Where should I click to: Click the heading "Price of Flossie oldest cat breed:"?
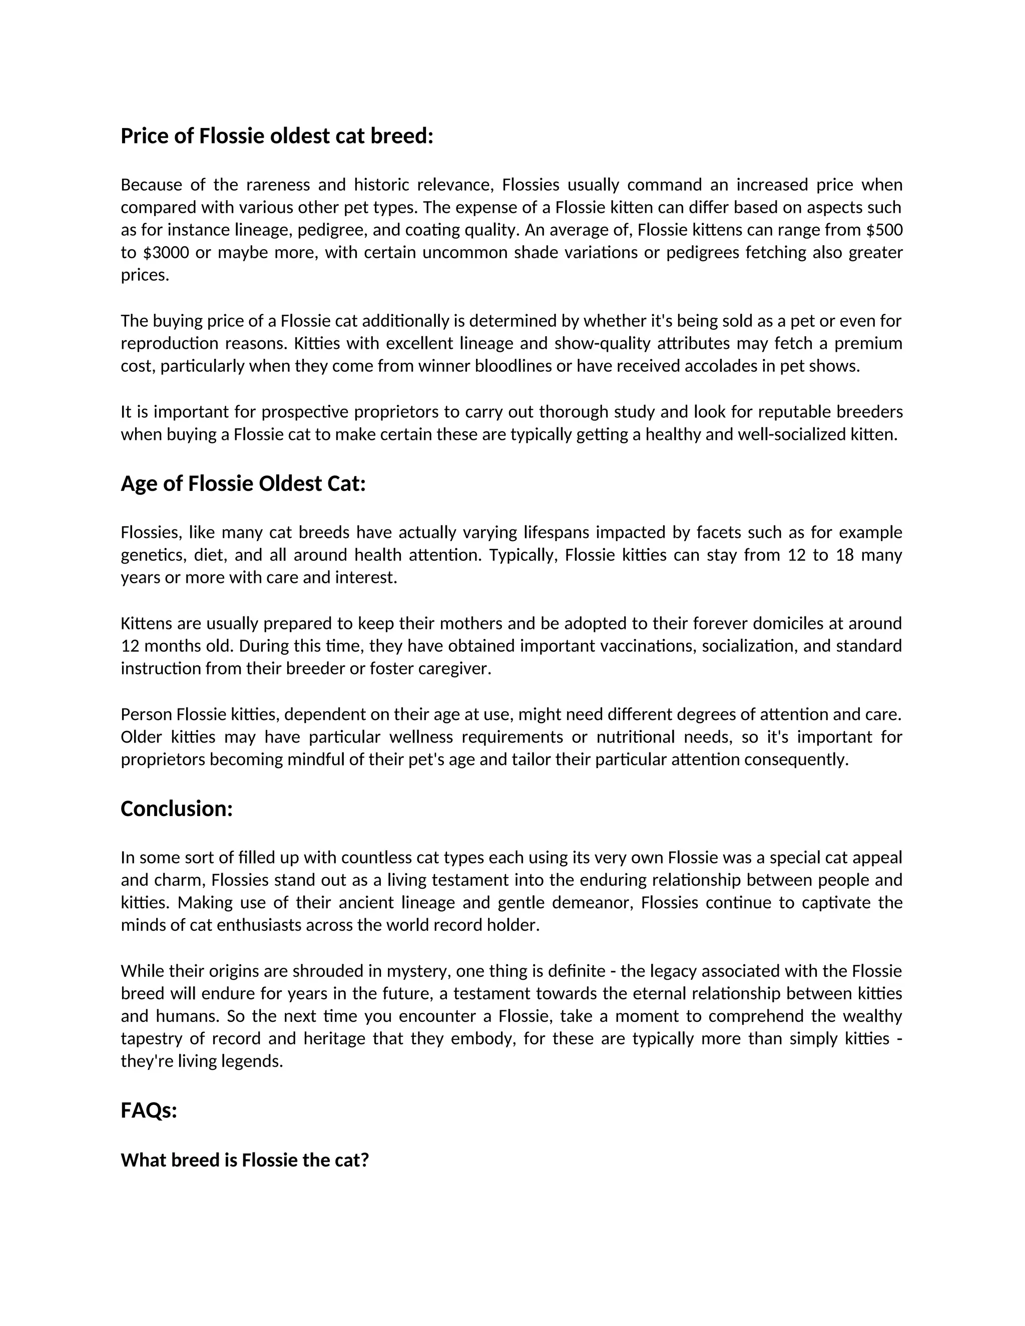click(277, 136)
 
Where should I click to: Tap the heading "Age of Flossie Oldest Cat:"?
click(243, 484)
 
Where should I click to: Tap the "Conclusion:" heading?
click(177, 809)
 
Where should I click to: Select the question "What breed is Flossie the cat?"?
click(245, 1160)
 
